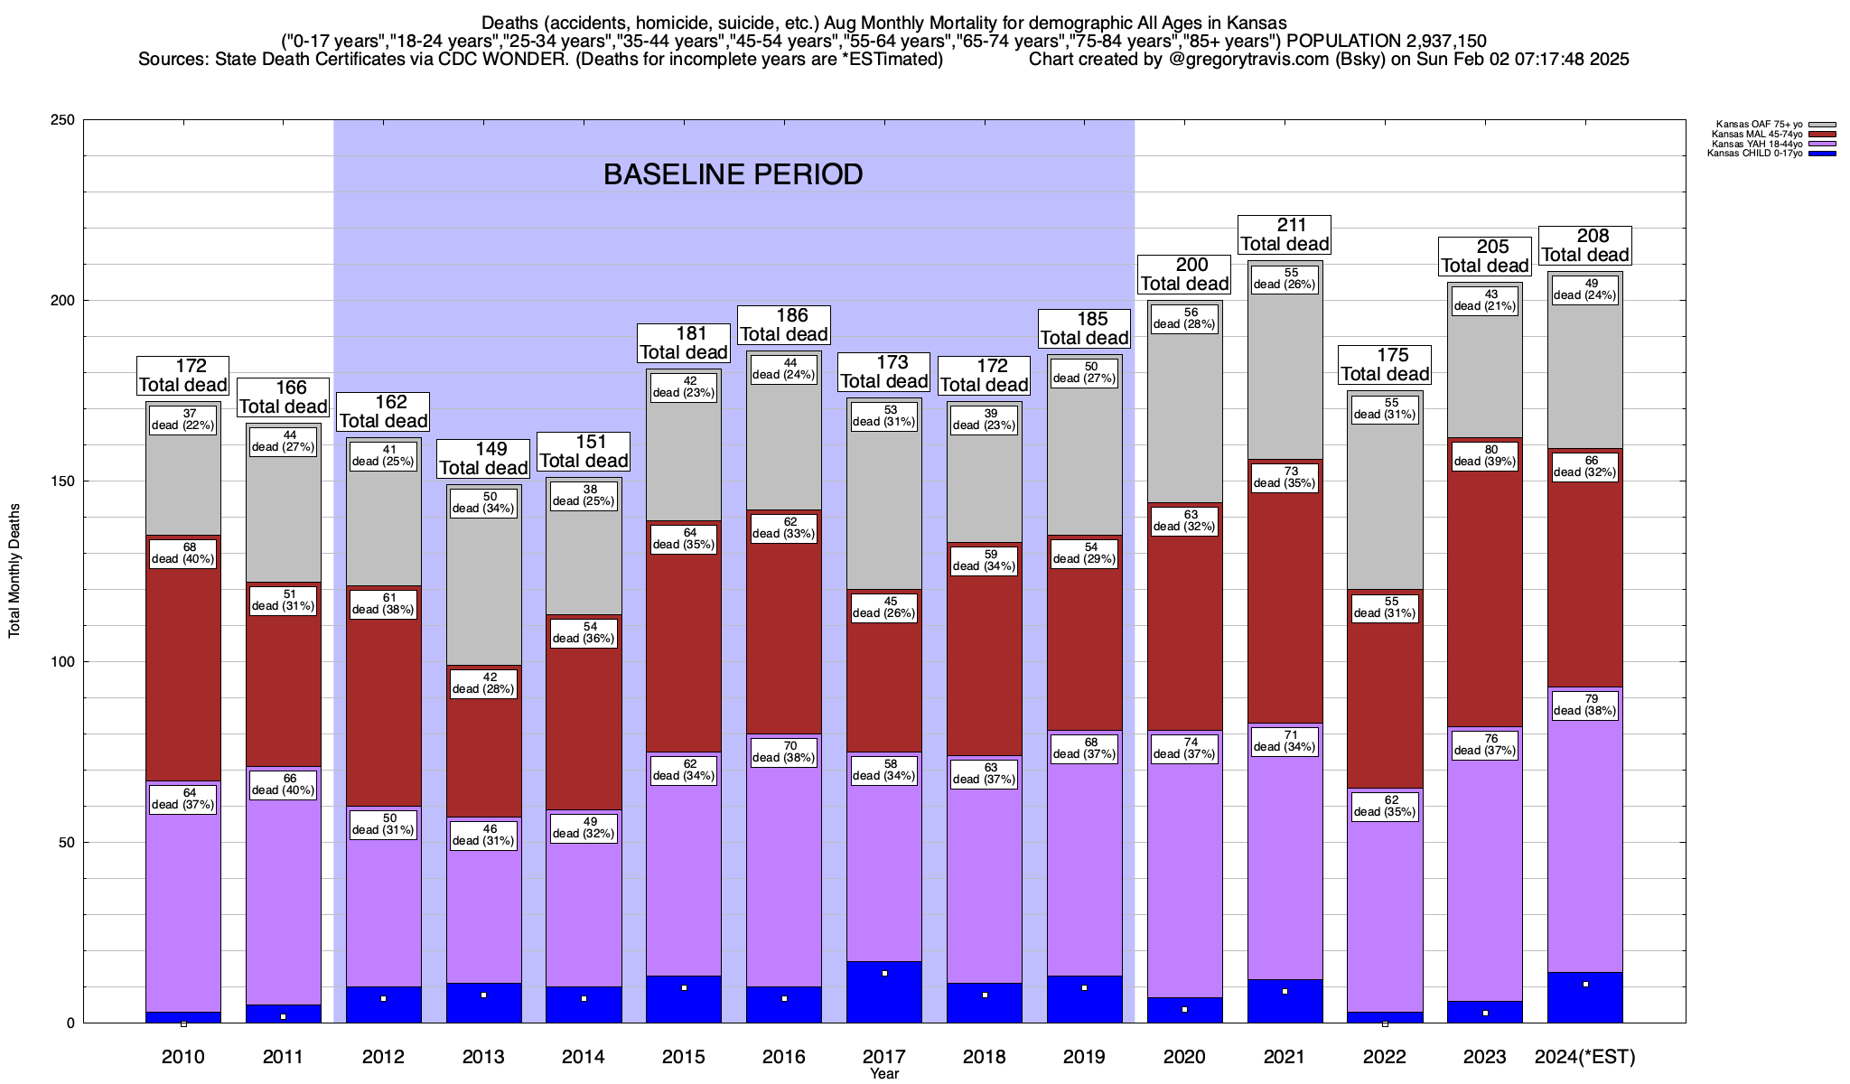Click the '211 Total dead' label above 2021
[1285, 235]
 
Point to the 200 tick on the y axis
[69, 301]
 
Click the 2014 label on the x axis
[584, 1057]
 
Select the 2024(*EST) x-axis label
[1585, 1057]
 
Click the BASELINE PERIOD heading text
[733, 174]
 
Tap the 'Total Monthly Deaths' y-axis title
[14, 571]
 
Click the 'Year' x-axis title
[884, 1074]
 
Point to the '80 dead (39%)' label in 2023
[1485, 455]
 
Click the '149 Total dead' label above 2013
[484, 459]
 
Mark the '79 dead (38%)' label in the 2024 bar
[1585, 705]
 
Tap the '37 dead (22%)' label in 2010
[183, 419]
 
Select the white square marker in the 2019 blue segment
[1085, 988]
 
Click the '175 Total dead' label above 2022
[1385, 365]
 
